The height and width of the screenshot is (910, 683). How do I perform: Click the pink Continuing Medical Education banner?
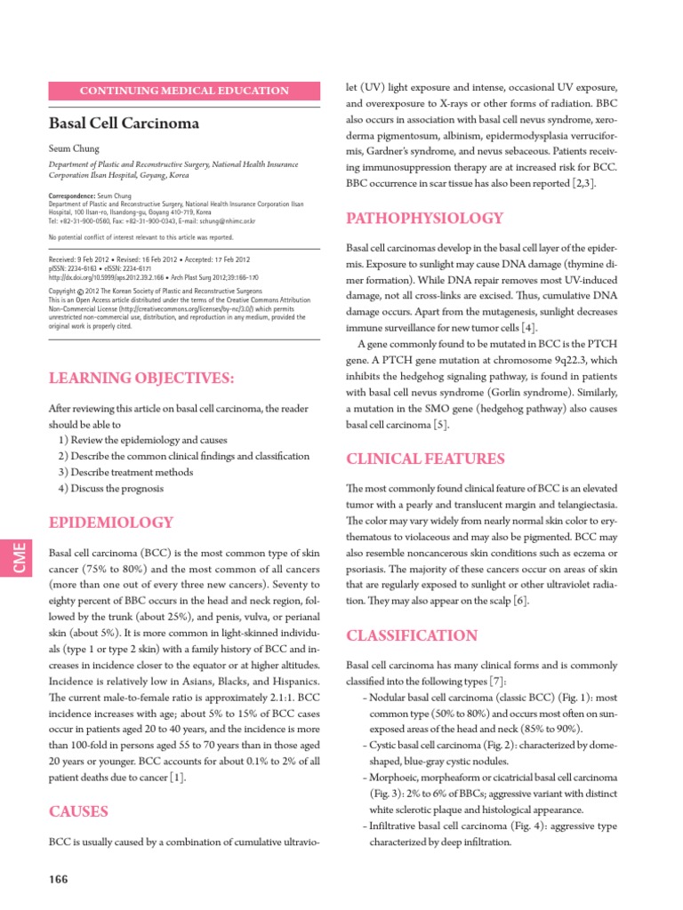[x=185, y=91]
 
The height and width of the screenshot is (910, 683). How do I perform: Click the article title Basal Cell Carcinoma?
[x=124, y=123]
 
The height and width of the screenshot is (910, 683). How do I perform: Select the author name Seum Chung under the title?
[x=75, y=148]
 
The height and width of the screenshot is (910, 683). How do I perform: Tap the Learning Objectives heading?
[x=141, y=379]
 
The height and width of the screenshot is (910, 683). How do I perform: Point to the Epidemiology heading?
[x=111, y=522]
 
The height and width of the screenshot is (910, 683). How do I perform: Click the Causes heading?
[x=78, y=810]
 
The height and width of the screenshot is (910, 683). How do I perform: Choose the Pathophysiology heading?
[x=424, y=218]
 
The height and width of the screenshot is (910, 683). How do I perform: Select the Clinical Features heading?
[x=425, y=459]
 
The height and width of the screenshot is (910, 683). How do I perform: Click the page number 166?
[x=59, y=879]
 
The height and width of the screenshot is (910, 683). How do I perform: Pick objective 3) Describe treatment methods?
[x=125, y=472]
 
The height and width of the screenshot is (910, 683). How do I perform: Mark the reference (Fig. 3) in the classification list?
[x=388, y=793]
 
